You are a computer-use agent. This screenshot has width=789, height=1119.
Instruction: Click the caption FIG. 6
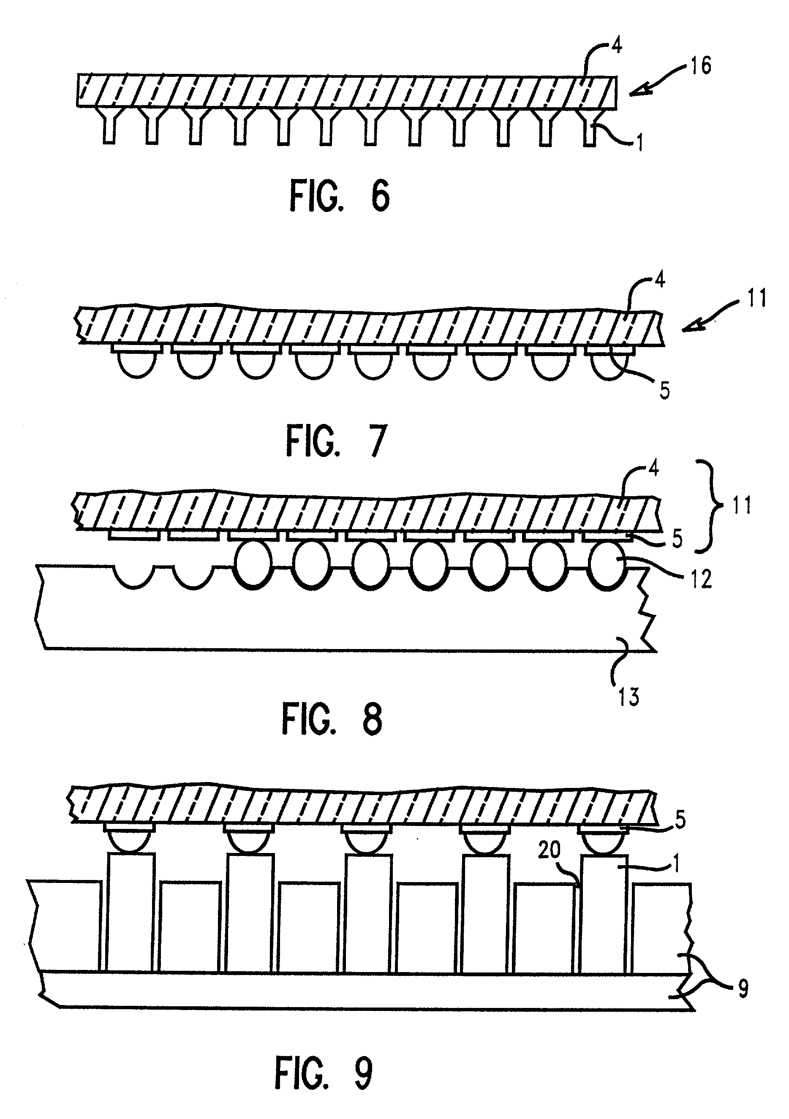(340, 195)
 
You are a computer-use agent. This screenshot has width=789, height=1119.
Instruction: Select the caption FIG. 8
(332, 722)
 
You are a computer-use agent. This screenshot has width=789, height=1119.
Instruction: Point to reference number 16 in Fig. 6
(701, 65)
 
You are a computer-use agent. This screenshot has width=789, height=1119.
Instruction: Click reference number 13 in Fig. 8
(628, 696)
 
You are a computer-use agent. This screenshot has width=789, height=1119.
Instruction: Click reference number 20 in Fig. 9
(550, 850)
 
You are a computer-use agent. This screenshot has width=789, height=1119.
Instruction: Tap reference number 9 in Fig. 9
(743, 990)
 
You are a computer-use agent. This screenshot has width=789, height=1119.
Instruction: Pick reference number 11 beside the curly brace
(741, 505)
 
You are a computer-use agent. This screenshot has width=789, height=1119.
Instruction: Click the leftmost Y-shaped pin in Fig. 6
(109, 126)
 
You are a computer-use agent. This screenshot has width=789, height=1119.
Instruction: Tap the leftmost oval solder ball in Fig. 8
(253, 566)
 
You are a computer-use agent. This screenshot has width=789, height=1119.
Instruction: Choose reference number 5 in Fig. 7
(664, 391)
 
